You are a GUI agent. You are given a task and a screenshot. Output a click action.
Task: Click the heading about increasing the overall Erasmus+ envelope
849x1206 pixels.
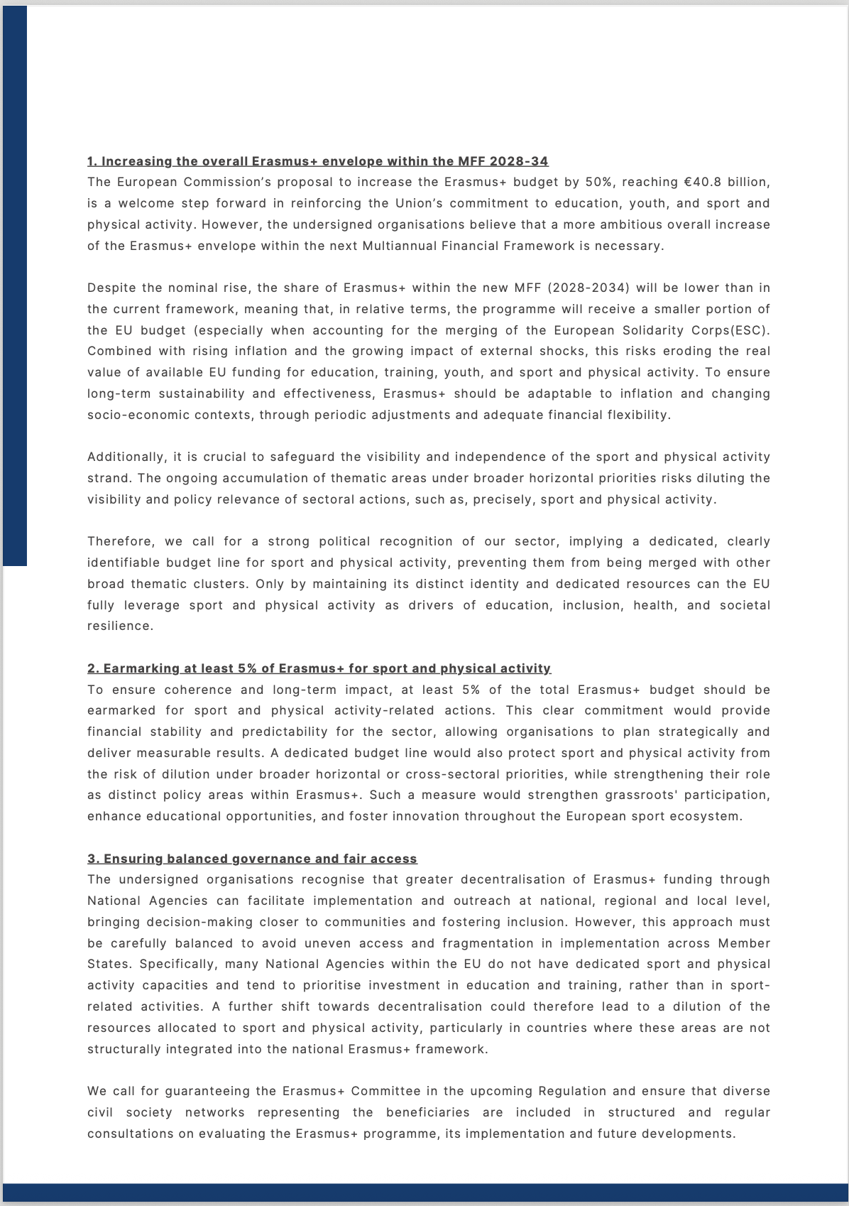click(317, 161)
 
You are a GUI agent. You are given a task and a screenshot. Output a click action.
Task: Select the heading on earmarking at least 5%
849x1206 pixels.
click(319, 668)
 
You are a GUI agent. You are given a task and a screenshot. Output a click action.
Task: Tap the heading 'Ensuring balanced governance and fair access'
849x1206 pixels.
click(252, 859)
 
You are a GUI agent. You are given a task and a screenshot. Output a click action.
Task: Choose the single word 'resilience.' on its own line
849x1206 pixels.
click(120, 626)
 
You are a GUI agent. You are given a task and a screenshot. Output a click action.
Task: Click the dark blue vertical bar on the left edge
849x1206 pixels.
click(14, 284)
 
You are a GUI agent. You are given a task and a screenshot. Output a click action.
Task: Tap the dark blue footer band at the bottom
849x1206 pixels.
click(424, 1193)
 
